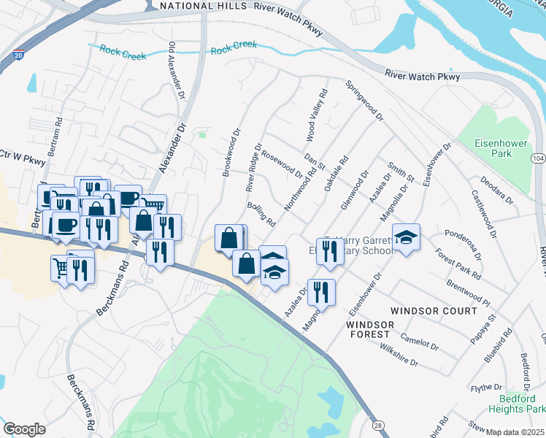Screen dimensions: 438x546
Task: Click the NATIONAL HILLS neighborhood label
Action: pos(204,6)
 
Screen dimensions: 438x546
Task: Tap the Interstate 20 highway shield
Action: pos(18,54)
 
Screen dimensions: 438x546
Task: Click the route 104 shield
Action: pos(539,158)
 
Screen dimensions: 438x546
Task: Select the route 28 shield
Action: pos(377,423)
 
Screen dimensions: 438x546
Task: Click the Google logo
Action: pos(24,429)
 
